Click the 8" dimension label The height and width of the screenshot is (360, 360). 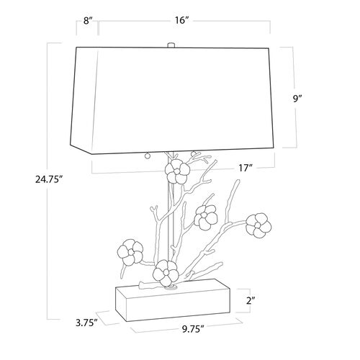point(88,21)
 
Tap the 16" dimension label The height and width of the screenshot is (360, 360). point(181,20)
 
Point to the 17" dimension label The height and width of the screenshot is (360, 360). point(246,168)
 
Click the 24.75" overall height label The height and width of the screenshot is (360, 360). point(49,179)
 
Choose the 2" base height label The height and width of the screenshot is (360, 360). point(251,300)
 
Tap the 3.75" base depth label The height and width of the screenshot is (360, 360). point(86,323)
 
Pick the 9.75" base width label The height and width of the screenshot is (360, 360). point(193,329)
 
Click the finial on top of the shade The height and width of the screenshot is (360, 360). point(171,45)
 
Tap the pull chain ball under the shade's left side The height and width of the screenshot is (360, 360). point(148,156)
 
